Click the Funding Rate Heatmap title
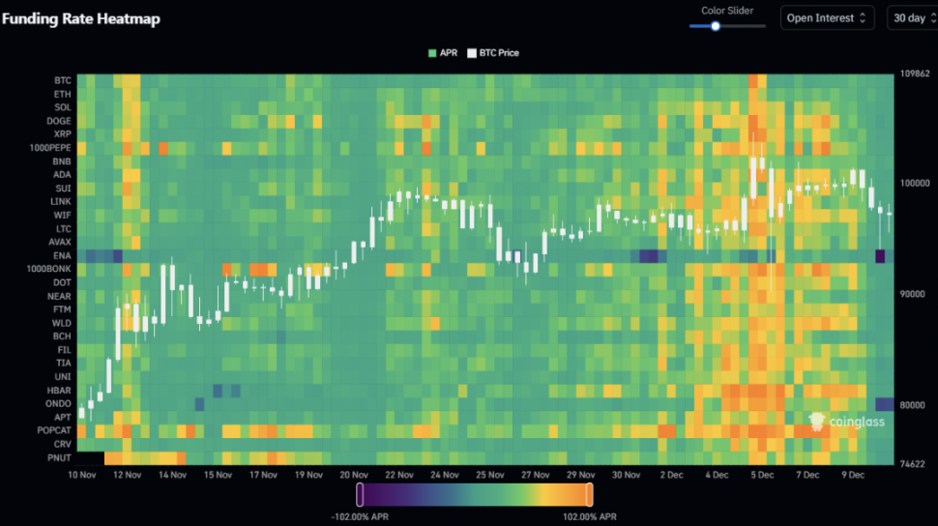(x=81, y=18)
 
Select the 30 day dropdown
(x=912, y=17)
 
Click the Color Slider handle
(x=716, y=26)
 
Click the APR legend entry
(x=442, y=53)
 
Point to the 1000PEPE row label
(x=48, y=148)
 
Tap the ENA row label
(x=61, y=255)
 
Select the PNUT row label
(x=58, y=457)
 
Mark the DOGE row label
(x=58, y=121)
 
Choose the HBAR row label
(x=58, y=390)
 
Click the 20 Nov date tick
(x=354, y=475)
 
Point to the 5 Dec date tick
(x=763, y=475)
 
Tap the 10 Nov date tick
(x=81, y=475)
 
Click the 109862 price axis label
(x=914, y=74)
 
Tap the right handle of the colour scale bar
(x=589, y=495)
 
